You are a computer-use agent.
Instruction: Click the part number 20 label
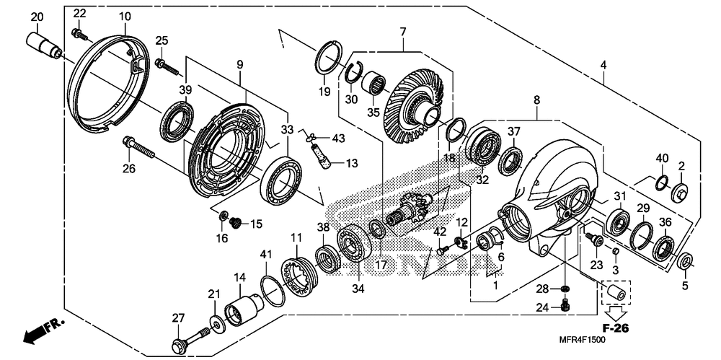[37, 17]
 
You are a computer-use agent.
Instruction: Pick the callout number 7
[403, 32]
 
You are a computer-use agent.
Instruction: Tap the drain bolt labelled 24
[565, 307]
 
